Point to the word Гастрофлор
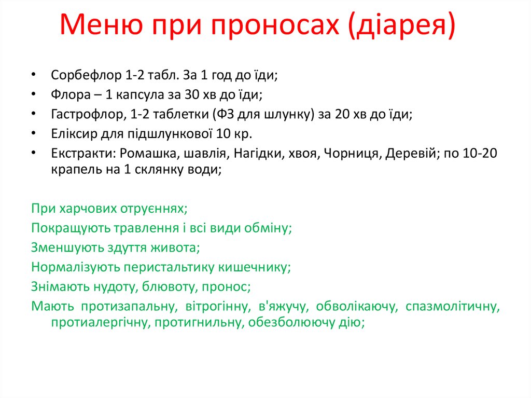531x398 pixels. pos(85,115)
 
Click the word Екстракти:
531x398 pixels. pos(82,154)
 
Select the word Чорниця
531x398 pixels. pos(352,154)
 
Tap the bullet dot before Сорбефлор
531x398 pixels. pos(34,75)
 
